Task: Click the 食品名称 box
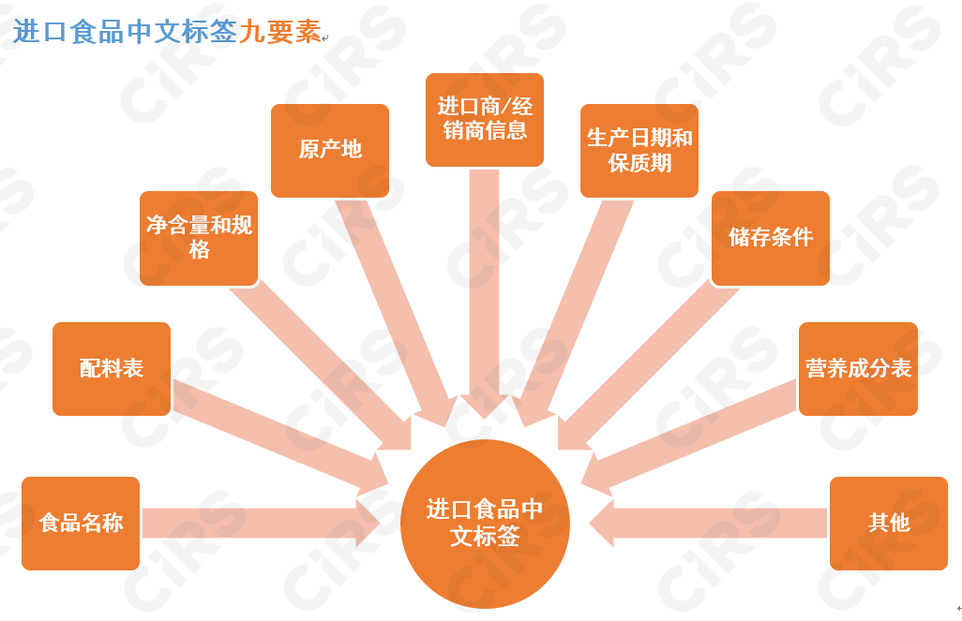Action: (81, 523)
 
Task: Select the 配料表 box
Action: (112, 368)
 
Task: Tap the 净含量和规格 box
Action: (199, 238)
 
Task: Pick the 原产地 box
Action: (330, 150)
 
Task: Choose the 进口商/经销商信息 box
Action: (485, 119)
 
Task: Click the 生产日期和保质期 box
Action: (639, 150)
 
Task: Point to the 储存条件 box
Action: (771, 238)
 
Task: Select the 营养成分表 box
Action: (858, 368)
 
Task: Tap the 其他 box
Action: (889, 523)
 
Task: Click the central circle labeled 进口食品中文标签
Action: (485, 524)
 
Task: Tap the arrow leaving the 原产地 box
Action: (403, 309)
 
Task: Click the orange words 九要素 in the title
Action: (279, 31)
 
